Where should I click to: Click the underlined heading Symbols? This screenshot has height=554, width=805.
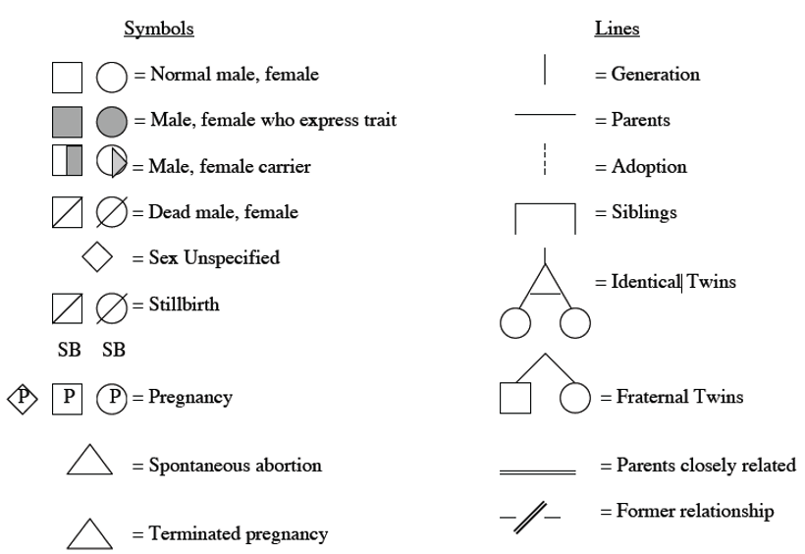click(159, 28)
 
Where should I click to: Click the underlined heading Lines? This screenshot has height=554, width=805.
click(617, 28)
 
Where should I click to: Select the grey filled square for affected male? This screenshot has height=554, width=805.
click(68, 123)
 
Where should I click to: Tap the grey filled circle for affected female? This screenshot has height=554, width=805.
click(111, 123)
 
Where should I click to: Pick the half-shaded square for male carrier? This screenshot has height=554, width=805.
click(68, 160)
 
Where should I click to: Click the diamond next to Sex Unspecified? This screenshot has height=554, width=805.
click(97, 256)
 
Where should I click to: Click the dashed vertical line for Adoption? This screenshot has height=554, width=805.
click(545, 159)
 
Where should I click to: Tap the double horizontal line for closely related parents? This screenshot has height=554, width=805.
click(538, 471)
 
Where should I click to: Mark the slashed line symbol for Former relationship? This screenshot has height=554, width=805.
click(530, 517)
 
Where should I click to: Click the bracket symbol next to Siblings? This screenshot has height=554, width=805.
click(545, 204)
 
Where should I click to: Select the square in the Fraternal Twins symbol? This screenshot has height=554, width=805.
click(515, 398)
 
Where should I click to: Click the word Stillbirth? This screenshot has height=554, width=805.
click(184, 305)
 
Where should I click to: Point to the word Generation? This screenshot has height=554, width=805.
click(655, 75)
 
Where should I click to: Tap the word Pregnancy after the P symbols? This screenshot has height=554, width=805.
click(190, 398)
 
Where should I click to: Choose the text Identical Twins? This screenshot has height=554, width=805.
click(673, 282)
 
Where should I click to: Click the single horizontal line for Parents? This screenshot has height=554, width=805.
click(545, 115)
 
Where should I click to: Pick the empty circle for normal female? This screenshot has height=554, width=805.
click(111, 78)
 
